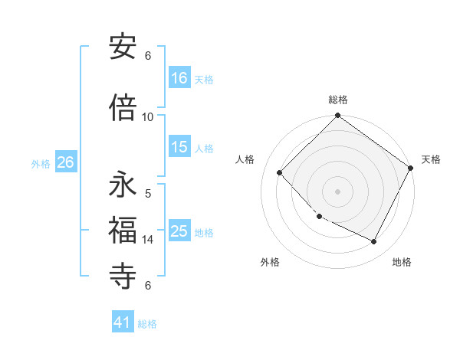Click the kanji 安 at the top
click(x=123, y=47)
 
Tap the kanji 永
click(x=123, y=185)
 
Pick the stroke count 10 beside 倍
click(x=148, y=116)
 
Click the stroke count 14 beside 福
click(x=148, y=240)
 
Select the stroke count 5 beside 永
click(x=148, y=194)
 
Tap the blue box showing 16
click(x=179, y=77)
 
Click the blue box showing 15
click(x=179, y=147)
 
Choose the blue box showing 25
click(x=179, y=231)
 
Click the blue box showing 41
click(x=123, y=322)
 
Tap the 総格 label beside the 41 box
click(x=147, y=324)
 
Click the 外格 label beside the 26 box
click(x=41, y=163)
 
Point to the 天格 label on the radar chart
click(x=431, y=159)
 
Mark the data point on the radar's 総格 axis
click(x=337, y=116)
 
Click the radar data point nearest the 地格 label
click(x=374, y=241)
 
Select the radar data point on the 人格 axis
click(x=280, y=172)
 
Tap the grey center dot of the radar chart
click(x=337, y=191)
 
